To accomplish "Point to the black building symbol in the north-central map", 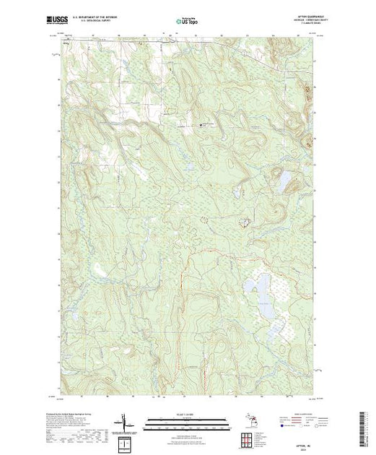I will (x=201, y=127).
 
